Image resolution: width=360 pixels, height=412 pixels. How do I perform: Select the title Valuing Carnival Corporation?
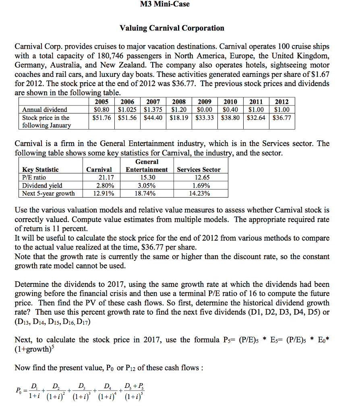[x=172, y=28]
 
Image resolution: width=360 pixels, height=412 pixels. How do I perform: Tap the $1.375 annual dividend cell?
[x=153, y=109]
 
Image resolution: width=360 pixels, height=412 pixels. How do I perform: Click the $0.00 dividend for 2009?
[x=204, y=109]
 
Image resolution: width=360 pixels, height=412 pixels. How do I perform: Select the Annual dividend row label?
[x=45, y=109]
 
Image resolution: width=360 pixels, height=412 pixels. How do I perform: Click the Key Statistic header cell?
[x=40, y=169]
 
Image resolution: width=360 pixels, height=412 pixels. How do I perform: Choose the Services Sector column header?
[x=199, y=169]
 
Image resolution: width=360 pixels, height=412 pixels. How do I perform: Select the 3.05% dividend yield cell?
[x=147, y=185]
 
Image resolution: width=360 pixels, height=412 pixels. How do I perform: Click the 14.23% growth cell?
[x=199, y=194]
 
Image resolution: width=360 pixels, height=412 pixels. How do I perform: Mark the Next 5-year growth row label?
[x=48, y=194]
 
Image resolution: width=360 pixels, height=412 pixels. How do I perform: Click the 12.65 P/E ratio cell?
[x=199, y=177]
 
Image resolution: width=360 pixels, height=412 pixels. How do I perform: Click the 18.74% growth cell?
[x=147, y=194]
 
